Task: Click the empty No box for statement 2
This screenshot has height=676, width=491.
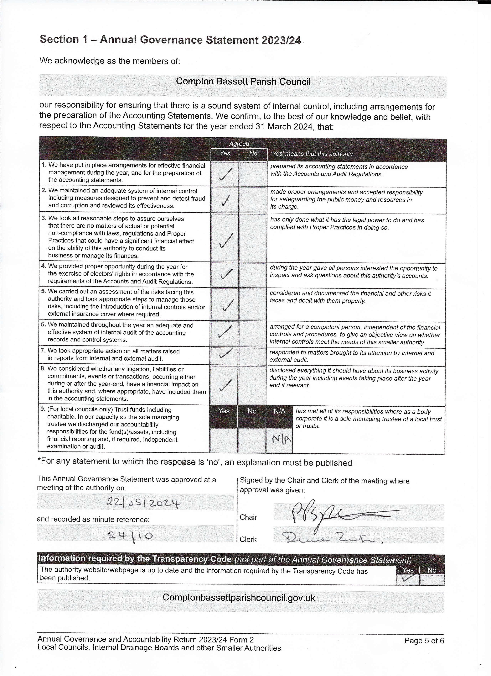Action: pos(253,200)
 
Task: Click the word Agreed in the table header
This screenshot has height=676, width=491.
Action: pos(239,144)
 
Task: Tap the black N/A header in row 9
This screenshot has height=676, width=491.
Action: pos(279,411)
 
